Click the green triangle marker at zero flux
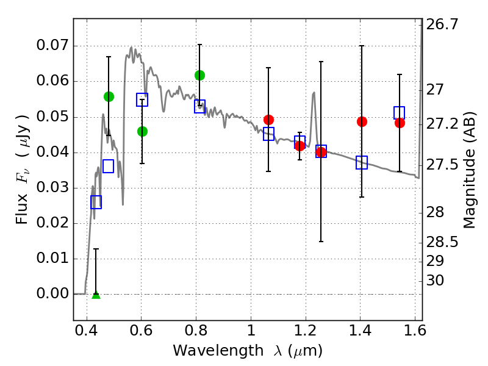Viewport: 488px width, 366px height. (x=96, y=295)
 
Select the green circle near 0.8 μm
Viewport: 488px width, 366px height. (x=199, y=75)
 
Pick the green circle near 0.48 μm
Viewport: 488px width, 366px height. (x=109, y=96)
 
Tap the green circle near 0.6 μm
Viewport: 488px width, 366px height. (x=142, y=131)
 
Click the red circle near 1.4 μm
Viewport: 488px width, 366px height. (x=362, y=121)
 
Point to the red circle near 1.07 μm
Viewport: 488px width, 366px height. (x=268, y=120)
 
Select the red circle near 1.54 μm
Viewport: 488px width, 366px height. (x=400, y=123)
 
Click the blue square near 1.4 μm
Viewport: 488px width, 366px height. (x=362, y=162)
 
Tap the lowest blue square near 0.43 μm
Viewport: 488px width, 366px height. (x=96, y=203)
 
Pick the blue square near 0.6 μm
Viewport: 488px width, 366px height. (x=142, y=100)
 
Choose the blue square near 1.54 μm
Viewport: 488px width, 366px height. (x=400, y=113)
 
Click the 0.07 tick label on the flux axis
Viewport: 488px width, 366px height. (x=51, y=46)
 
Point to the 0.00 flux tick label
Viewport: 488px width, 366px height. (x=51, y=294)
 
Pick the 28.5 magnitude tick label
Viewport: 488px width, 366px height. (x=442, y=243)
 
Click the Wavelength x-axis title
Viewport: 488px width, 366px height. (x=247, y=351)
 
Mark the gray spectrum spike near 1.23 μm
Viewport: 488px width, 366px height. (x=314, y=94)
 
